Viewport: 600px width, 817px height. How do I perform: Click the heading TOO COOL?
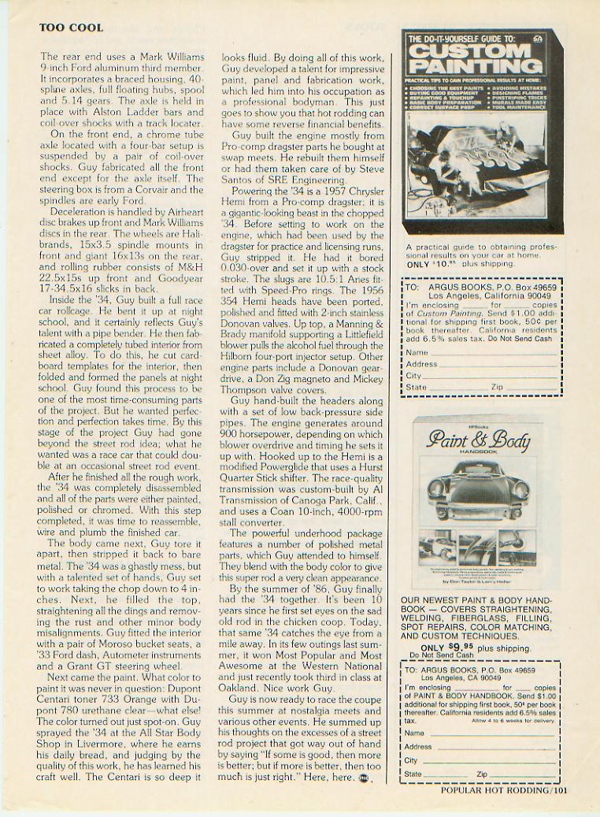tap(71, 28)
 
